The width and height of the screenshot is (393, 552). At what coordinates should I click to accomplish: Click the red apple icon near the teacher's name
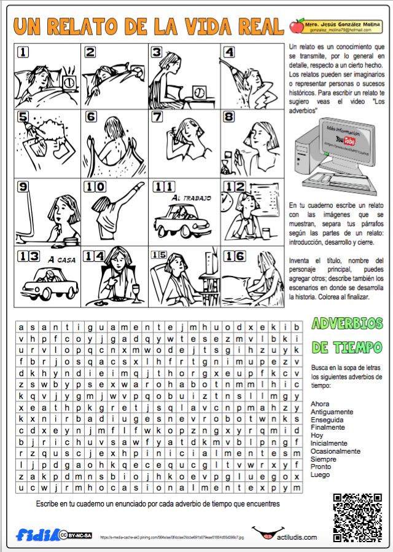click(297, 26)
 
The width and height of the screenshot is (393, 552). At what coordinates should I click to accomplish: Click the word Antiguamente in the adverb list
click(332, 412)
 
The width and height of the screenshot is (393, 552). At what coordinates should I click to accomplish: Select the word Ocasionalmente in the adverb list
click(335, 451)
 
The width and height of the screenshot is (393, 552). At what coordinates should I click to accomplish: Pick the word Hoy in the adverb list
click(317, 435)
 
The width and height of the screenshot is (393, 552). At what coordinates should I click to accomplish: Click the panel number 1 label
click(23, 53)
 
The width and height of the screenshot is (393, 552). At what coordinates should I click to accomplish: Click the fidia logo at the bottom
click(37, 534)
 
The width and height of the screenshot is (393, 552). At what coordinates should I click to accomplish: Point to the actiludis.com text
click(297, 537)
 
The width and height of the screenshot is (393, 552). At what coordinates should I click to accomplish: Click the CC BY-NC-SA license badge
click(76, 535)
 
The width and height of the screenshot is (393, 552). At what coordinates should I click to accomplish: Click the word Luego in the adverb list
click(320, 475)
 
